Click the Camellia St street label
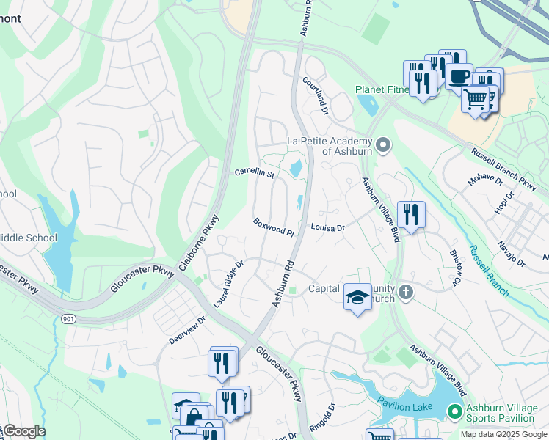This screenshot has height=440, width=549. (x=254, y=174)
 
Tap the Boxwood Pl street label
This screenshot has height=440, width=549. (x=273, y=227)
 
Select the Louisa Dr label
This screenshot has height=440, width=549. (x=327, y=228)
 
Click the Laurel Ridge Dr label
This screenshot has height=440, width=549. (x=228, y=284)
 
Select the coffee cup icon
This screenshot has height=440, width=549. (x=459, y=76)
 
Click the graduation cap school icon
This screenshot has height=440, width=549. (x=357, y=296)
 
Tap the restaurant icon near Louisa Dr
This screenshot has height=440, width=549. (x=411, y=214)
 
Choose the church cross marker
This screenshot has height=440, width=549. (x=406, y=293)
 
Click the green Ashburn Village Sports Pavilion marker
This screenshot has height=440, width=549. (x=455, y=412)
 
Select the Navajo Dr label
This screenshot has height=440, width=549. (x=511, y=253)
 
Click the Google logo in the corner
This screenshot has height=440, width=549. (x=23, y=431)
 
